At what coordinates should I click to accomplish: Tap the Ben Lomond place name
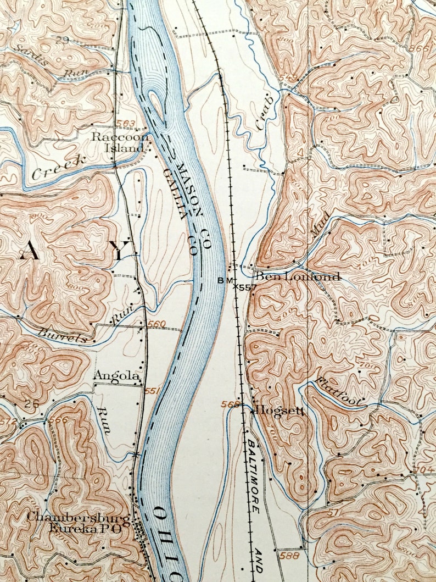click(298, 276)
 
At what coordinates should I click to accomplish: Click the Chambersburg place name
click(78, 518)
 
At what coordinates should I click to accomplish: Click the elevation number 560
click(156, 324)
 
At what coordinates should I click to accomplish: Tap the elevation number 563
click(125, 123)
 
